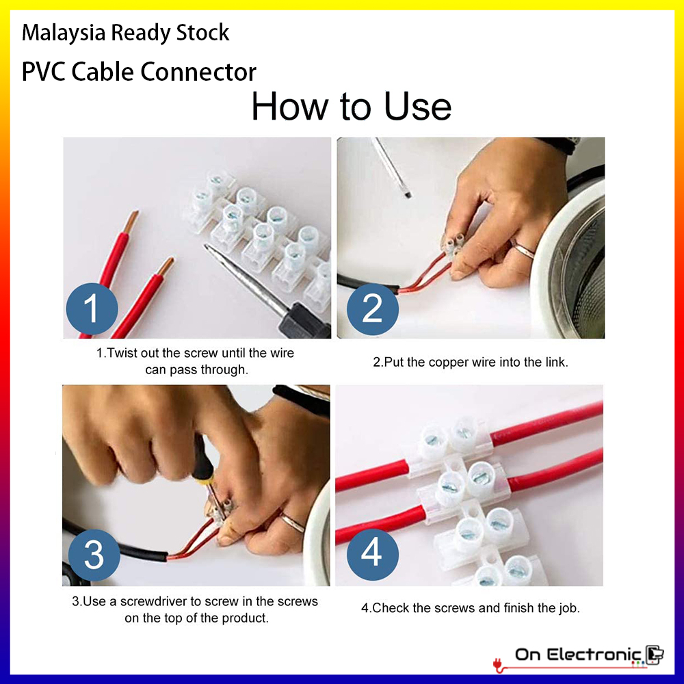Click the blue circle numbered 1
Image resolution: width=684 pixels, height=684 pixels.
coord(92,308)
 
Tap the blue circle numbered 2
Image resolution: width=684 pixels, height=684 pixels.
coord(373,309)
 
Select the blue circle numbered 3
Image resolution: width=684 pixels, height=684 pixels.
coord(94,555)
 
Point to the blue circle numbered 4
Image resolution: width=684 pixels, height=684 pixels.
coord(373,555)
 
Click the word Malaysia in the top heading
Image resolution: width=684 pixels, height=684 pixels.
coord(64,33)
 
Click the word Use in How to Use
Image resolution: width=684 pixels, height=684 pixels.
coord(417,107)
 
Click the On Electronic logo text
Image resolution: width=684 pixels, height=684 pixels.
coord(579,655)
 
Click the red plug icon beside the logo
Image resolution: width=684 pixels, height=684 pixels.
coord(498,664)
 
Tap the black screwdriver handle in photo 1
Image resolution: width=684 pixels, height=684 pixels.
coord(304,321)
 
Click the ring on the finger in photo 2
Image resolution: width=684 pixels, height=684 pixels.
coord(522,250)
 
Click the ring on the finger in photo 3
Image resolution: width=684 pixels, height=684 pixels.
coord(292,522)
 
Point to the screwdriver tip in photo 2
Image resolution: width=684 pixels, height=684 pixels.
coord(408,194)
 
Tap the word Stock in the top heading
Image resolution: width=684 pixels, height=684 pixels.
coord(203,33)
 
